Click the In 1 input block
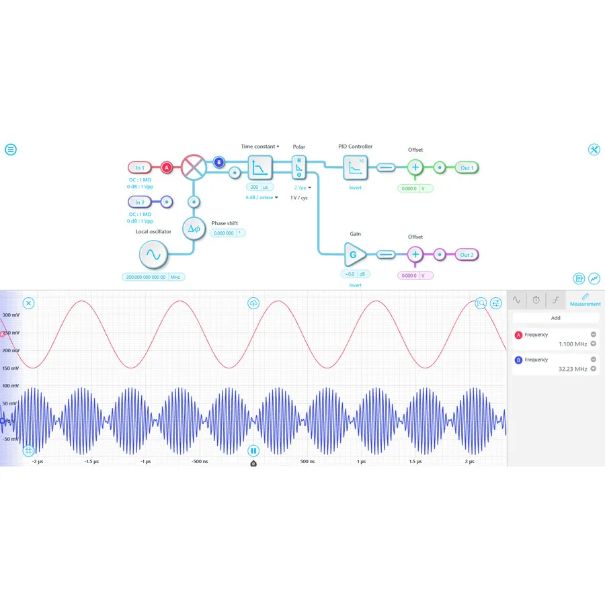(140, 167)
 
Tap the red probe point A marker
(167, 167)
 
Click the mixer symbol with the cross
(194, 167)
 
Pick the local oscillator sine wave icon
(153, 255)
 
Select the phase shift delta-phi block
(194, 229)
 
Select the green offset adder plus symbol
(415, 167)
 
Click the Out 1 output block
(467, 167)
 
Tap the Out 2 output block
(467, 255)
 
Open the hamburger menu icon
(11, 149)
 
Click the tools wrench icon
(594, 149)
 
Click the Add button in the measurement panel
(555, 318)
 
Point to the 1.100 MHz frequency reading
(573, 344)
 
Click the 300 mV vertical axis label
(10, 315)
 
